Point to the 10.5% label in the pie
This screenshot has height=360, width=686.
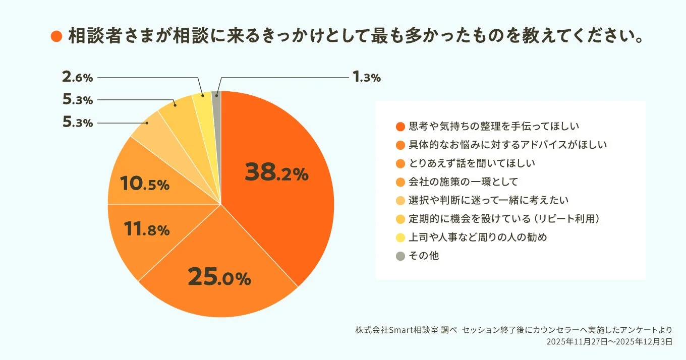[x=145, y=184]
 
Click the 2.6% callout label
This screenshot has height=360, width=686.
[x=78, y=78]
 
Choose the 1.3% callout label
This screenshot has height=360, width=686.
[x=366, y=77]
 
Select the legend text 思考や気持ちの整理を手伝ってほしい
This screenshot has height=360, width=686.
[x=493, y=126]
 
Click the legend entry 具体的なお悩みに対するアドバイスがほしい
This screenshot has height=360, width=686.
[x=507, y=145]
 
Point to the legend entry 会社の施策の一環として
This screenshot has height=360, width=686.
[x=463, y=182]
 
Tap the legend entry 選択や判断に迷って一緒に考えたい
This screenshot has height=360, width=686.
[x=488, y=200]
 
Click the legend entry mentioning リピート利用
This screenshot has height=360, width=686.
[x=503, y=219]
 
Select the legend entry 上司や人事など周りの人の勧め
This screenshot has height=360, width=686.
[x=478, y=237]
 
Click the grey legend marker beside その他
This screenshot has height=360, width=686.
[x=401, y=256]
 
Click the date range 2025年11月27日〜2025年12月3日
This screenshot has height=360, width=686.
[x=609, y=342]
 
